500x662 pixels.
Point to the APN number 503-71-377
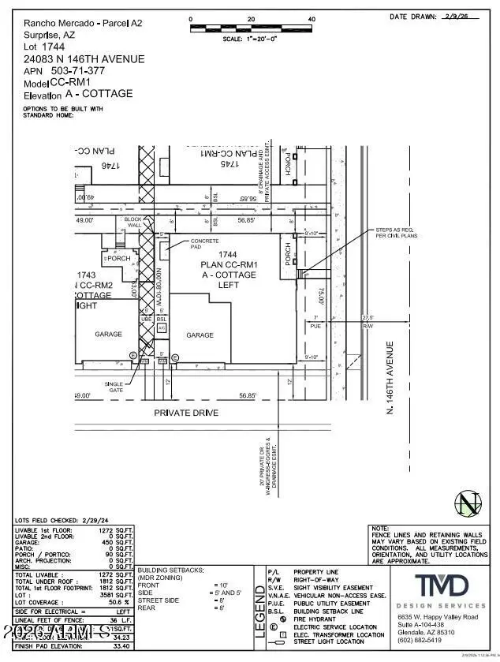[87, 70]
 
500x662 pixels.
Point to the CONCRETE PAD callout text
[204, 245]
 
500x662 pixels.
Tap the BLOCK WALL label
[134, 222]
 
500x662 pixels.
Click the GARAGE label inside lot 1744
[200, 335]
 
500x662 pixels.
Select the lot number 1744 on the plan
[228, 255]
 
